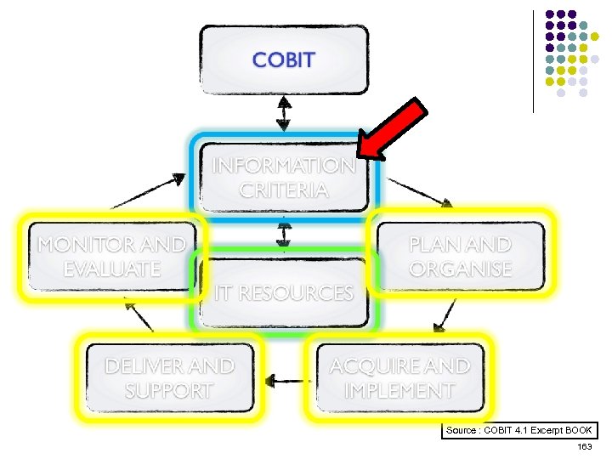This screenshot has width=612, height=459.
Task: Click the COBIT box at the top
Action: [x=284, y=59]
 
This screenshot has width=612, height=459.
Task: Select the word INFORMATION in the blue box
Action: [x=284, y=165]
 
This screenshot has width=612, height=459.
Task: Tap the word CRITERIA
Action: [x=284, y=190]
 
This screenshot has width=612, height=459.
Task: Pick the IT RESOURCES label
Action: [x=284, y=293]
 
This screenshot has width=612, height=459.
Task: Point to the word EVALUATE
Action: [x=111, y=269]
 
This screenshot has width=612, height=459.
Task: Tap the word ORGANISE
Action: [x=460, y=269]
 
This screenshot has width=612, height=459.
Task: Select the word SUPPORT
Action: [x=168, y=391]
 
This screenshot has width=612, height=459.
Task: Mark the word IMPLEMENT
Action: [x=399, y=391]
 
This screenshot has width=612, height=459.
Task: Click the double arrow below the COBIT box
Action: [x=284, y=111]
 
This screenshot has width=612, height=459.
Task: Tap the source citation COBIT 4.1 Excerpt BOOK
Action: [x=519, y=431]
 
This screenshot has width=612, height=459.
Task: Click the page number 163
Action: [x=584, y=447]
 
